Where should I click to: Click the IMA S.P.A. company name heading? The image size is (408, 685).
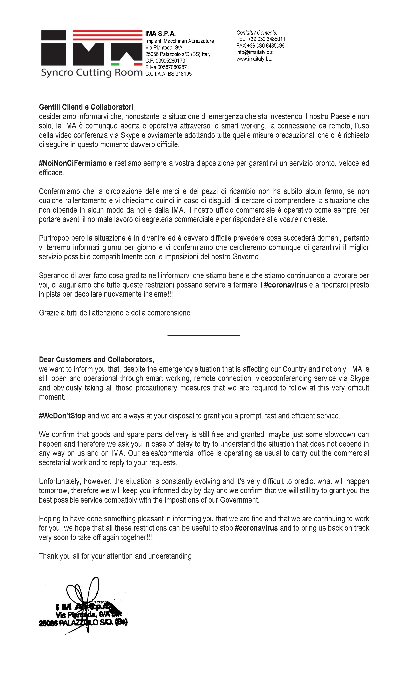pyautogui.click(x=160, y=34)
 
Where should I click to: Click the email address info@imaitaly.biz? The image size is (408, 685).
pyautogui.click(x=254, y=52)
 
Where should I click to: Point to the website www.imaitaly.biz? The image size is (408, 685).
pyautogui.click(x=254, y=59)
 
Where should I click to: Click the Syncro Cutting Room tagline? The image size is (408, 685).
pyautogui.click(x=92, y=73)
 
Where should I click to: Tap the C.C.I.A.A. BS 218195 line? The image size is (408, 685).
pyautogui.click(x=168, y=74)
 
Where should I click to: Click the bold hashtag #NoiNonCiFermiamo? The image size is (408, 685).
pyautogui.click(x=73, y=163)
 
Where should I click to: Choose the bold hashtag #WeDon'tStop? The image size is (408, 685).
pyautogui.click(x=62, y=416)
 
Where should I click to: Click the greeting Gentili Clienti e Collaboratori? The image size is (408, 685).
pyautogui.click(x=86, y=107)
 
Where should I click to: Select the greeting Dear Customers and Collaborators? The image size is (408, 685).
pyautogui.click(x=96, y=360)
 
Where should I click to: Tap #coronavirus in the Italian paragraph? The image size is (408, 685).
pyautogui.click(x=285, y=285)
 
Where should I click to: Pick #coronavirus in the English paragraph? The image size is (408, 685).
pyautogui.click(x=256, y=528)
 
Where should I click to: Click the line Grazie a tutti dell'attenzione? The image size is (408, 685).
pyautogui.click(x=114, y=313)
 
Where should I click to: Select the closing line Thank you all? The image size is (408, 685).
pyautogui.click(x=115, y=556)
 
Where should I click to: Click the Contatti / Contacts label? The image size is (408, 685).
pyautogui.click(x=257, y=32)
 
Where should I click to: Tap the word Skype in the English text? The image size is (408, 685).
pyautogui.click(x=359, y=378)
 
